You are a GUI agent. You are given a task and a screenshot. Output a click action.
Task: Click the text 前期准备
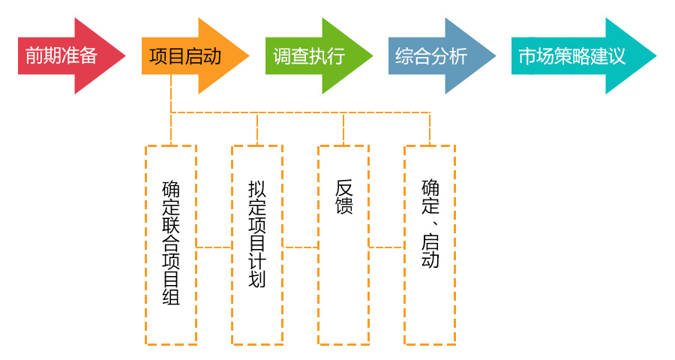61,56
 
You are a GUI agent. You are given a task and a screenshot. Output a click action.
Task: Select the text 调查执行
308,56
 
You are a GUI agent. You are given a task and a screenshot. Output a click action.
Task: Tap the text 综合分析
431,56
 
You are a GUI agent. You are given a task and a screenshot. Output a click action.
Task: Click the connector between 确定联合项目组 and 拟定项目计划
214,247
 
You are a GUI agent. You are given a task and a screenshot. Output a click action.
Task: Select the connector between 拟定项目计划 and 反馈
300,247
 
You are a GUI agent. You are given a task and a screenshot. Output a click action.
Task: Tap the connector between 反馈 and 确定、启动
386,247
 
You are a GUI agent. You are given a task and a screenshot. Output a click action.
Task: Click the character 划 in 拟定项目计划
257,280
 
